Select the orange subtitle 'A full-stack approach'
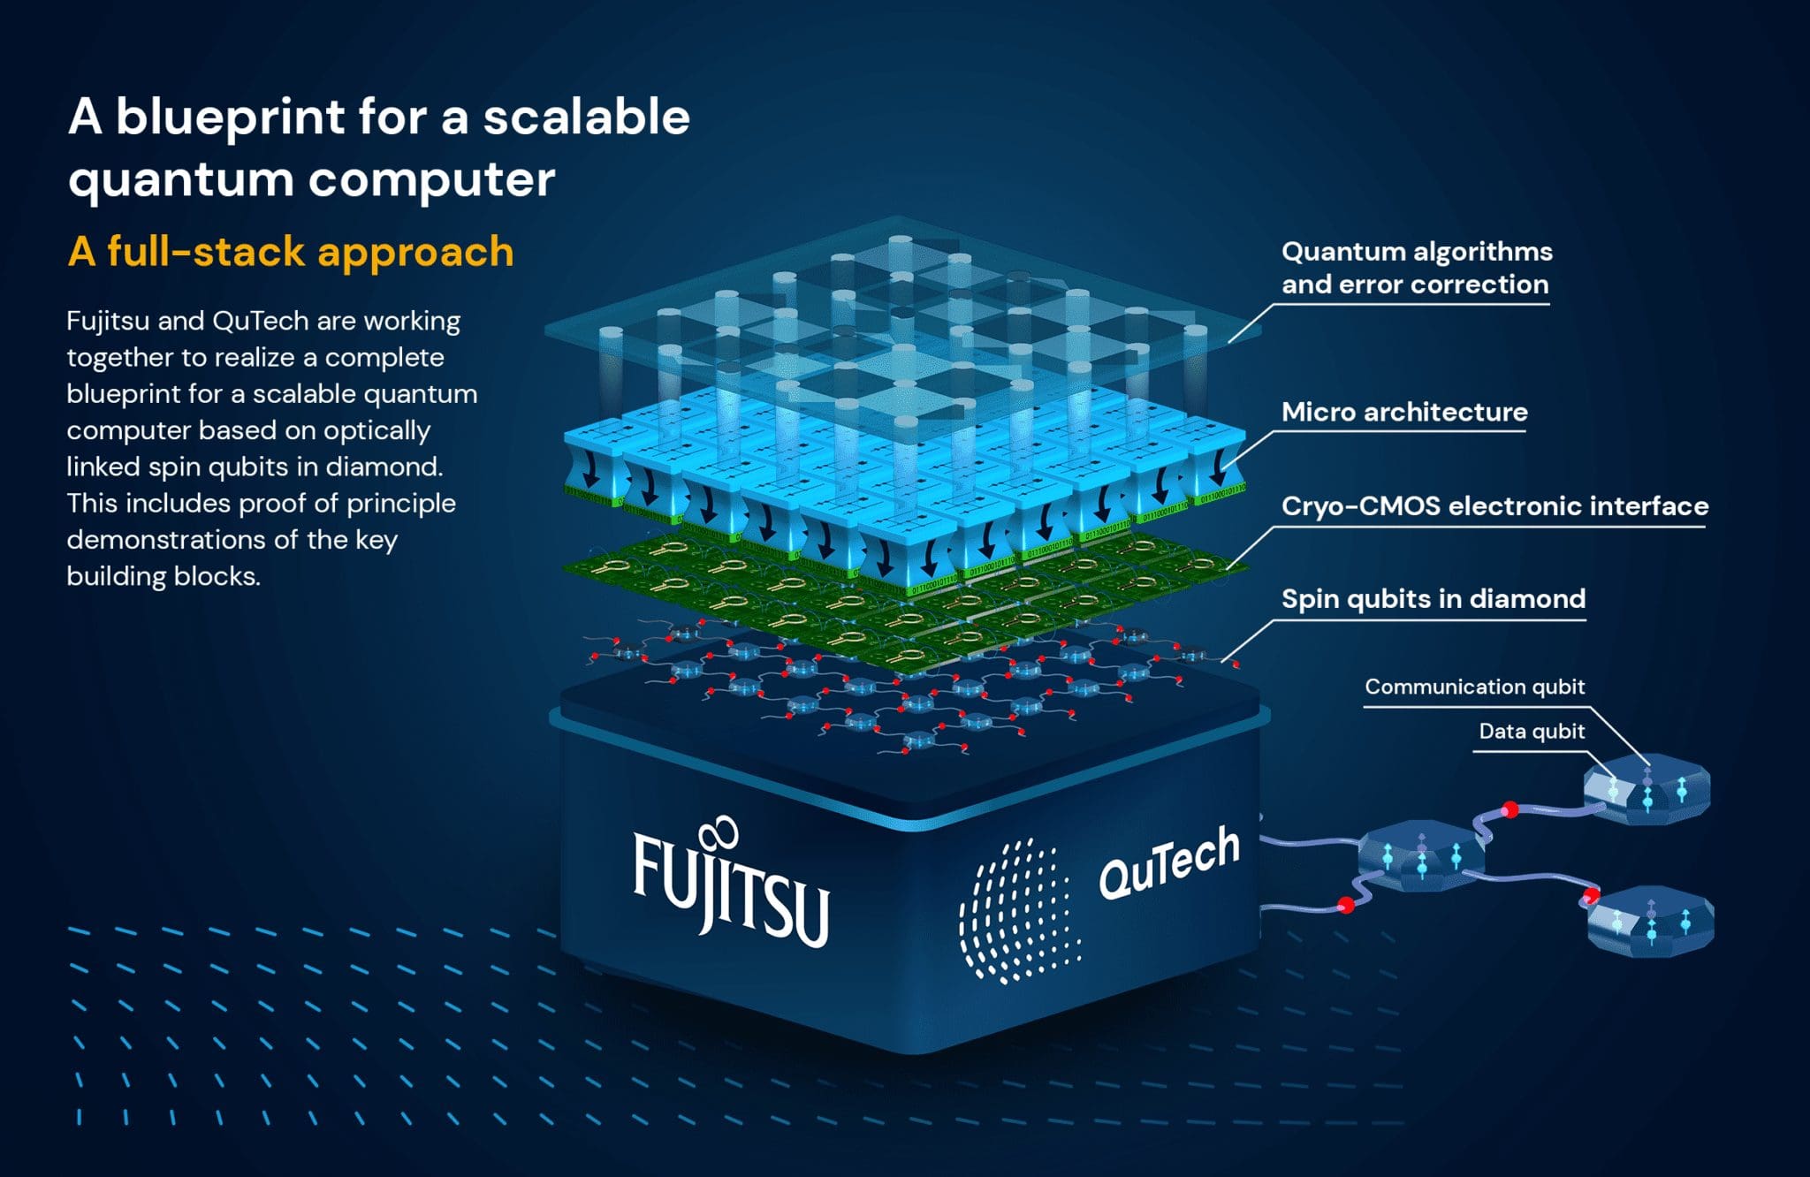coord(291,252)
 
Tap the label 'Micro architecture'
coord(1403,412)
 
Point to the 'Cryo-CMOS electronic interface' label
coord(1494,505)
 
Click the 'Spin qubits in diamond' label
coord(1433,599)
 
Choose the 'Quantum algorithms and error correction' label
coord(1416,268)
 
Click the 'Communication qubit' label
coord(1474,687)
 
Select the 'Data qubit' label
coord(1531,732)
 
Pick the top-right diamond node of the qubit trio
coord(1646,789)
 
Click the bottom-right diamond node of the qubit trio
coord(1650,922)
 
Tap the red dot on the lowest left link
coord(1346,905)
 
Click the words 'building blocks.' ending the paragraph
coord(164,576)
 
